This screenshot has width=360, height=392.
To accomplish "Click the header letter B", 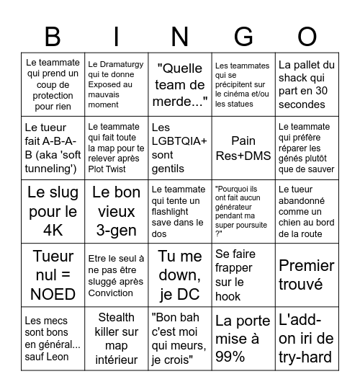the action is [53, 36].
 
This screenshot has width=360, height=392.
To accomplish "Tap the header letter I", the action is [116, 36].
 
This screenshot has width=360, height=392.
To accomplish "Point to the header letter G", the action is [243, 36].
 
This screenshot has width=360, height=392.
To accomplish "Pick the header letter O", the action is [307, 36].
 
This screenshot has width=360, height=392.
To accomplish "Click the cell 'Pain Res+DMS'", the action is [243, 148].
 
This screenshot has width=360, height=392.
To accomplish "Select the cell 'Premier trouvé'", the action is [307, 275].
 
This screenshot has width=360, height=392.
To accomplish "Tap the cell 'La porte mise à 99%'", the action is [243, 337].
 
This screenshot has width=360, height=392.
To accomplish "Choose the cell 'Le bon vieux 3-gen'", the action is [116, 211].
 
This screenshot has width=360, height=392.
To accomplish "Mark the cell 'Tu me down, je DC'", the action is [179, 275].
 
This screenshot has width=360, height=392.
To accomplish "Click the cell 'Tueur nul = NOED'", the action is [53, 275].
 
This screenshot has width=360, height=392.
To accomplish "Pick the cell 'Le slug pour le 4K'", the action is [53, 211].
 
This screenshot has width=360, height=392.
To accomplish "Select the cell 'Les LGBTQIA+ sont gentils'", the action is [179, 148].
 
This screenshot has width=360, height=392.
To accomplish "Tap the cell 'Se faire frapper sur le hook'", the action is [243, 275].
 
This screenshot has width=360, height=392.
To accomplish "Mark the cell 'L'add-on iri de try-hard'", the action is [307, 337].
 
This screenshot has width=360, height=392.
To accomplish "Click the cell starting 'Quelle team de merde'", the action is [179, 84].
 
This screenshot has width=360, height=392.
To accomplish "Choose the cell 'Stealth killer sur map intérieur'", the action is [116, 337].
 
